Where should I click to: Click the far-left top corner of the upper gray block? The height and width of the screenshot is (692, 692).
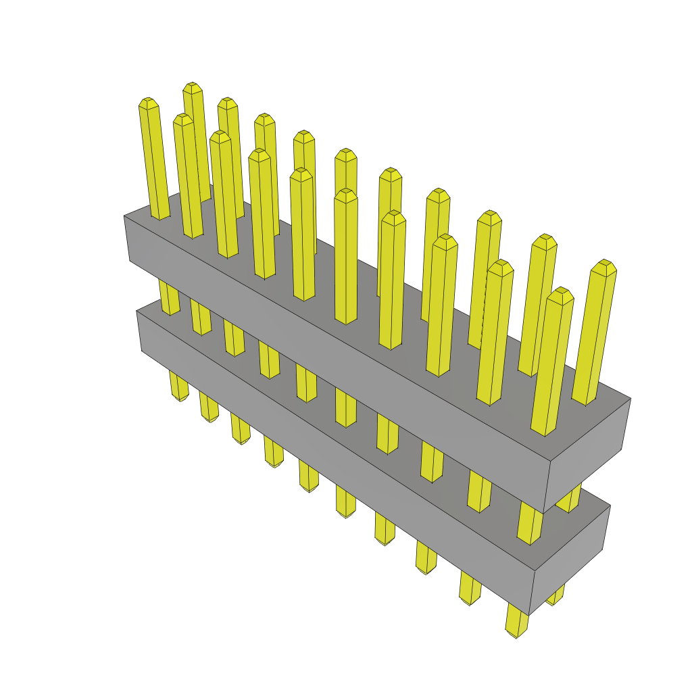click(x=124, y=216)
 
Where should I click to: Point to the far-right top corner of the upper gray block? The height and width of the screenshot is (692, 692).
click(x=630, y=398)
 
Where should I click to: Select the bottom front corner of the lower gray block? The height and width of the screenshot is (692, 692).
click(x=529, y=614)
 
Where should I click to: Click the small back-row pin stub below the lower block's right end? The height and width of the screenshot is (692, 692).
click(x=556, y=597)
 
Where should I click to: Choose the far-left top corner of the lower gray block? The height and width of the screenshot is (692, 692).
click(x=137, y=312)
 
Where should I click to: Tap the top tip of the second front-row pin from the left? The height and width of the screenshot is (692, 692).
click(x=182, y=118)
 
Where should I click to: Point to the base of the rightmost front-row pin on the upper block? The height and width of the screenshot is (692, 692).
click(x=545, y=431)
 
